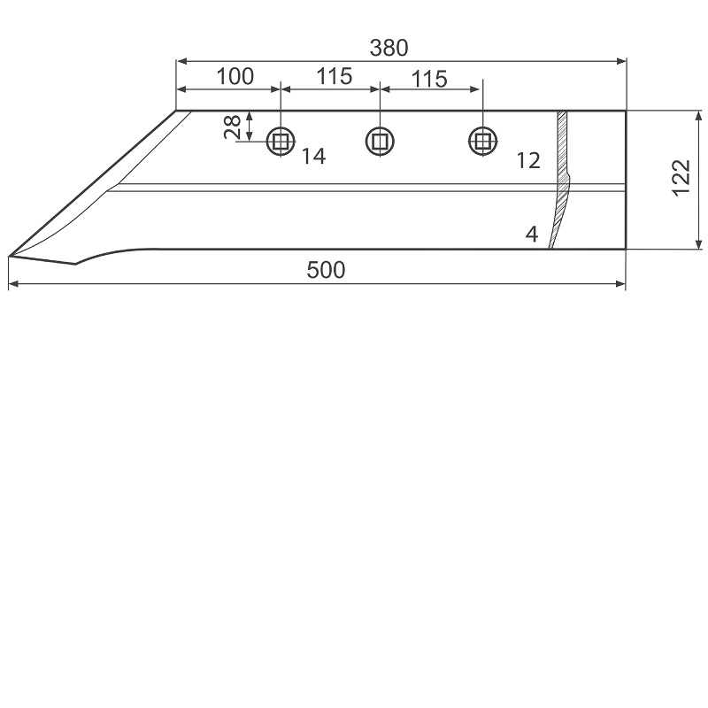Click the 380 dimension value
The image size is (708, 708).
pyautogui.click(x=389, y=48)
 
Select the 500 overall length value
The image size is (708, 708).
pyautogui.click(x=326, y=270)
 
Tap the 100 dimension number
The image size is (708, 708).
pyautogui.click(x=235, y=76)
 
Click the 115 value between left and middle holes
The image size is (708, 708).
pyautogui.click(x=335, y=76)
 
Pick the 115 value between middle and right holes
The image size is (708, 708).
pyautogui.click(x=429, y=79)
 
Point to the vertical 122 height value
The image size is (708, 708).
pyautogui.click(x=681, y=178)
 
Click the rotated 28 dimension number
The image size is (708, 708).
pyautogui.click(x=233, y=127)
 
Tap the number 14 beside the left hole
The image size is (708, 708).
pyautogui.click(x=313, y=157)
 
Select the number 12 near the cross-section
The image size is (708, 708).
pyautogui.click(x=527, y=161)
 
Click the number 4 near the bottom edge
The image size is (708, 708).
pyautogui.click(x=532, y=235)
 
